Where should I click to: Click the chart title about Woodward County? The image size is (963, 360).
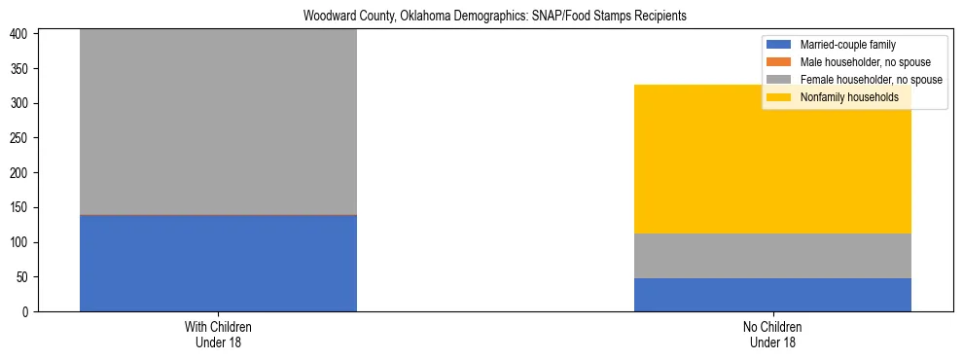tap(481, 17)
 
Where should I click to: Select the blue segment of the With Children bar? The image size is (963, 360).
tap(218, 263)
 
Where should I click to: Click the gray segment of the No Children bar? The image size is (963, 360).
tap(772, 256)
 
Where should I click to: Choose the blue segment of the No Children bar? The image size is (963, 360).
tap(772, 295)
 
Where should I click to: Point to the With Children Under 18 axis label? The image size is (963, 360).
tap(218, 334)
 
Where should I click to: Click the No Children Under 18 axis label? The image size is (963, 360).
tap(772, 334)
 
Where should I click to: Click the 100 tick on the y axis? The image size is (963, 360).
tap(23, 242)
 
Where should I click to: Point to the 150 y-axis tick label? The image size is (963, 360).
tap(23, 207)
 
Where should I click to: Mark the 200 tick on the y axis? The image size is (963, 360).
tap(23, 173)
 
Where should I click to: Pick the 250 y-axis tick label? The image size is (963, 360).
tap(23, 138)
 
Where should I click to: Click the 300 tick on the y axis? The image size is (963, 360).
tap(23, 103)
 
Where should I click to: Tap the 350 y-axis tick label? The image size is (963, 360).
tap(23, 69)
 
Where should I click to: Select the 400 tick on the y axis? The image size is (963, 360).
tap(23, 34)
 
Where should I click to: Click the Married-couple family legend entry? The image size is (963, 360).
tap(847, 45)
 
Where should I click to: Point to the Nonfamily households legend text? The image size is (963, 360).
tap(849, 97)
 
